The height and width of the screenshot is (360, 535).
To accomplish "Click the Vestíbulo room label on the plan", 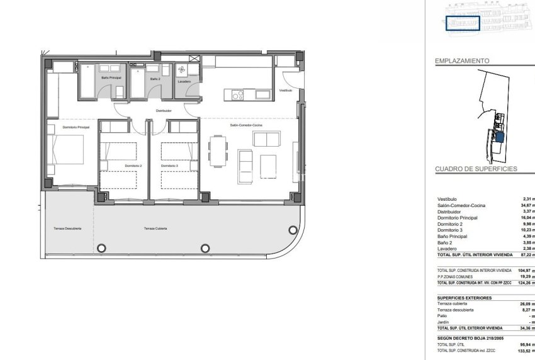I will pyautogui.click(x=286, y=91).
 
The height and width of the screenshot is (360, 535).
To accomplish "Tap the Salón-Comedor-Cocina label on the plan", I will pyautogui.click(x=246, y=126).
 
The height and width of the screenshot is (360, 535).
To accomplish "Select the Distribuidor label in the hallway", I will pyautogui.click(x=164, y=111).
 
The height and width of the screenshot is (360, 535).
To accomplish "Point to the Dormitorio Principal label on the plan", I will pyautogui.click(x=76, y=128).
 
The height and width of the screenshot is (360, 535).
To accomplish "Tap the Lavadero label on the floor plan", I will pyautogui.click(x=184, y=82).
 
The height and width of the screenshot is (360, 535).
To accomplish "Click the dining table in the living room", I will pyautogui.click(x=218, y=150).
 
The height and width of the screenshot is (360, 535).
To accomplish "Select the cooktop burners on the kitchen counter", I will pyautogui.click(x=237, y=96).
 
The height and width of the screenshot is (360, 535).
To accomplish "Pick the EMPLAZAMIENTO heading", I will pyautogui.click(x=463, y=61).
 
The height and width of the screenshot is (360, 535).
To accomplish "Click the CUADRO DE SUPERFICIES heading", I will pyautogui.click(x=476, y=169).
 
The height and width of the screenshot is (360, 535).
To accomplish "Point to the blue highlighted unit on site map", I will pyautogui.click(x=500, y=137).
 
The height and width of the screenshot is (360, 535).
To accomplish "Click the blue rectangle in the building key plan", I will pyautogui.click(x=463, y=23).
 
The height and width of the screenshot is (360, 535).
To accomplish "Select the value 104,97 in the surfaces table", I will pyautogui.click(x=526, y=270).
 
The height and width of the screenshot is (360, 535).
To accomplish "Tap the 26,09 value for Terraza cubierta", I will pyautogui.click(x=526, y=304).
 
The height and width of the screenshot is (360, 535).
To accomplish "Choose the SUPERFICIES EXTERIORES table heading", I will pyautogui.click(x=465, y=298).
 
